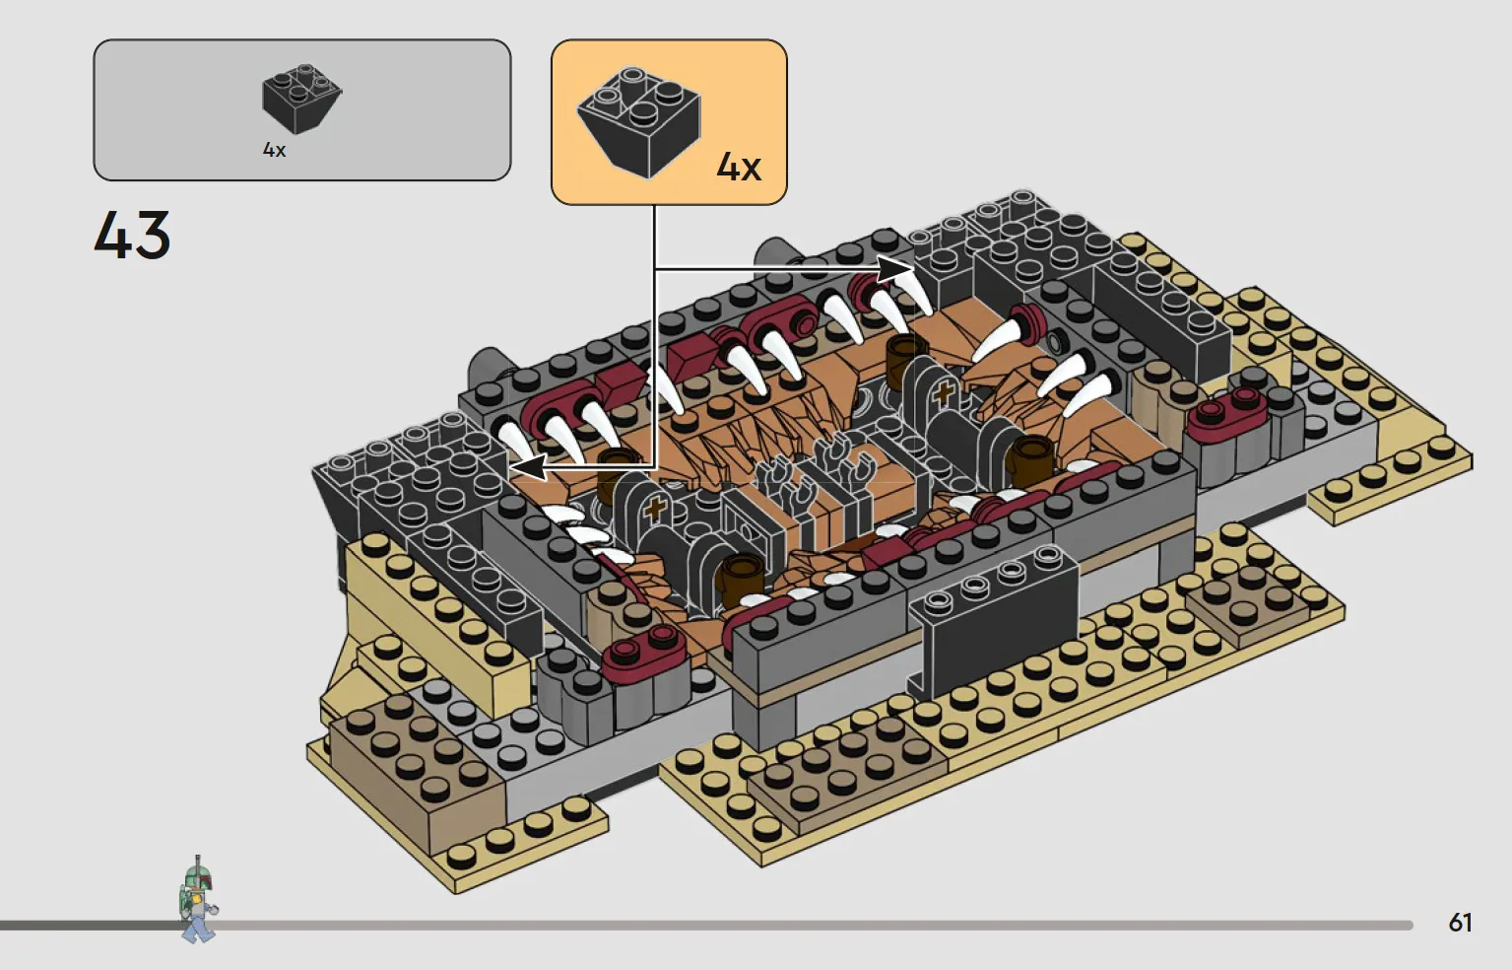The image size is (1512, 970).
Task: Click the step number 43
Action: [x=132, y=235]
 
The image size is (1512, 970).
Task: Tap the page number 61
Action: [x=1460, y=923]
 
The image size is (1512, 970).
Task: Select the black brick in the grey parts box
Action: [x=301, y=100]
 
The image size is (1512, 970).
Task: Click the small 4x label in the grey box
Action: [x=274, y=150]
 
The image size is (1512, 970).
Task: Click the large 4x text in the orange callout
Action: [x=739, y=167]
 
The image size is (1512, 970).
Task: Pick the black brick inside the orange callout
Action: [x=638, y=122]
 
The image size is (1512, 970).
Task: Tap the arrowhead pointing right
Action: [x=895, y=269]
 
